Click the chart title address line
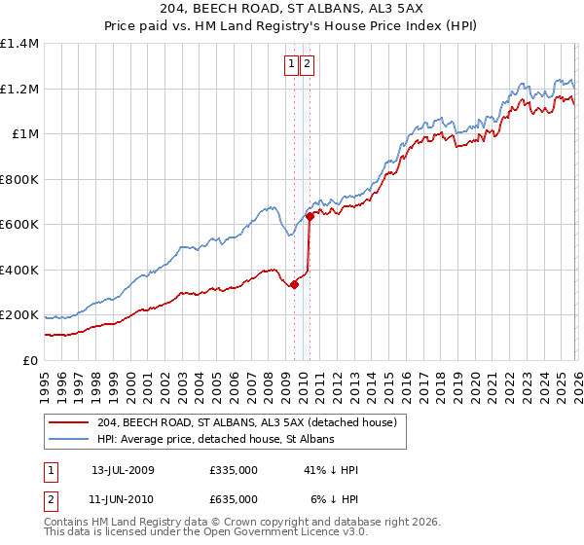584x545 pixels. coord(291,10)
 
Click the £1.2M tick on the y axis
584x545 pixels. coord(18,89)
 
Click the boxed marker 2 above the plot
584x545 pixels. coord(308,65)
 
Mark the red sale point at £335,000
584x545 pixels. coord(294,285)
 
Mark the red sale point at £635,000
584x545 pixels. coord(310,217)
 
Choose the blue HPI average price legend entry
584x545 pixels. coord(215,440)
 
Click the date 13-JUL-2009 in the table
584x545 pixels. coord(123,470)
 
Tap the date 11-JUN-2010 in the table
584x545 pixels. coord(123,499)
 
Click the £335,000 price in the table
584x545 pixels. coord(234,470)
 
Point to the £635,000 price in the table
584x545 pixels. coord(234,499)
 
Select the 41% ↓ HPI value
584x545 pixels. coord(331,470)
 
